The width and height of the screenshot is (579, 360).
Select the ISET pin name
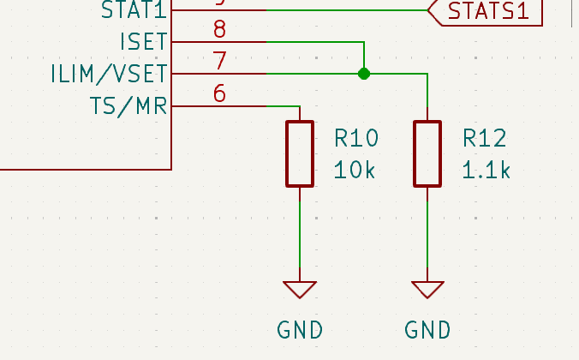pos(145,41)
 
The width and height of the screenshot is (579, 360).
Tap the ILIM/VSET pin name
pos(110,74)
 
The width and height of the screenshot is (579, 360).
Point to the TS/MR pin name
pos(128,106)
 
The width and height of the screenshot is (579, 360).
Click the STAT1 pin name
pos(134,10)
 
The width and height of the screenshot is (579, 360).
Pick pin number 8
pos(220,30)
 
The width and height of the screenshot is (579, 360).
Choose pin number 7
pos(220,62)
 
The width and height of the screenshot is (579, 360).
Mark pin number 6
pos(220,93)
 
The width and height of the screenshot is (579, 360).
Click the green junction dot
pos(364,74)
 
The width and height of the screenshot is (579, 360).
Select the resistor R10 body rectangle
pos(300,153)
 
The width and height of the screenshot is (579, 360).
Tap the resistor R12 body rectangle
pos(427,153)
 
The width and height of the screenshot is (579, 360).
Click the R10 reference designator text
pos(356,138)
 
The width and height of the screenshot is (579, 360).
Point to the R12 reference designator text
pos(485,138)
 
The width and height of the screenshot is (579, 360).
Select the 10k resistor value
pos(355,170)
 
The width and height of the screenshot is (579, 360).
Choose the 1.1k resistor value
pos(486,170)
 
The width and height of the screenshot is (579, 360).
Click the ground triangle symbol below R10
pos(300,289)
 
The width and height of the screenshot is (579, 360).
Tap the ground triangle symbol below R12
pos(427,289)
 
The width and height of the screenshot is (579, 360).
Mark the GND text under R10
pos(300,329)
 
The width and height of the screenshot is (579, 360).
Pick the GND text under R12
pos(427,329)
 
